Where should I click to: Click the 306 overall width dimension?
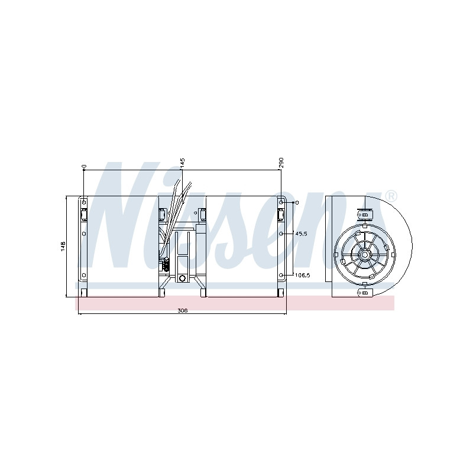(x=183, y=311)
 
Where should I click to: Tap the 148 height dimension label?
(x=63, y=246)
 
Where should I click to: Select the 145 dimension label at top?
(x=182, y=163)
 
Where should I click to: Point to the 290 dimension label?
(x=281, y=163)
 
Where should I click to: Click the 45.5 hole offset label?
(x=301, y=234)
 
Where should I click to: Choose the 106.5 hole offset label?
(x=302, y=275)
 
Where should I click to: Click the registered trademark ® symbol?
(x=391, y=196)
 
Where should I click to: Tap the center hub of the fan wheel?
(x=365, y=255)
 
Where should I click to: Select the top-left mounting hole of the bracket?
(x=84, y=202)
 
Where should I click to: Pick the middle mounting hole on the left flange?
(x=84, y=234)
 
